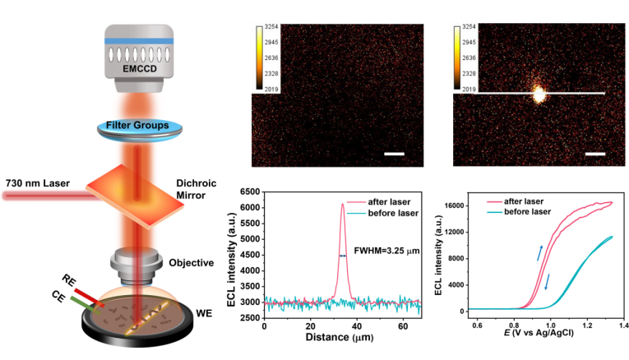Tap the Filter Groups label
[x=139, y=127]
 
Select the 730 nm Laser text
[x=39, y=182]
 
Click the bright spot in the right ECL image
[x=539, y=95]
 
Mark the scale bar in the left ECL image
[x=395, y=153]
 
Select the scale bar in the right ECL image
[x=595, y=153]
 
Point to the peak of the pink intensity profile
[x=342, y=205]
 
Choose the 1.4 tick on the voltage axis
[x=623, y=327]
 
